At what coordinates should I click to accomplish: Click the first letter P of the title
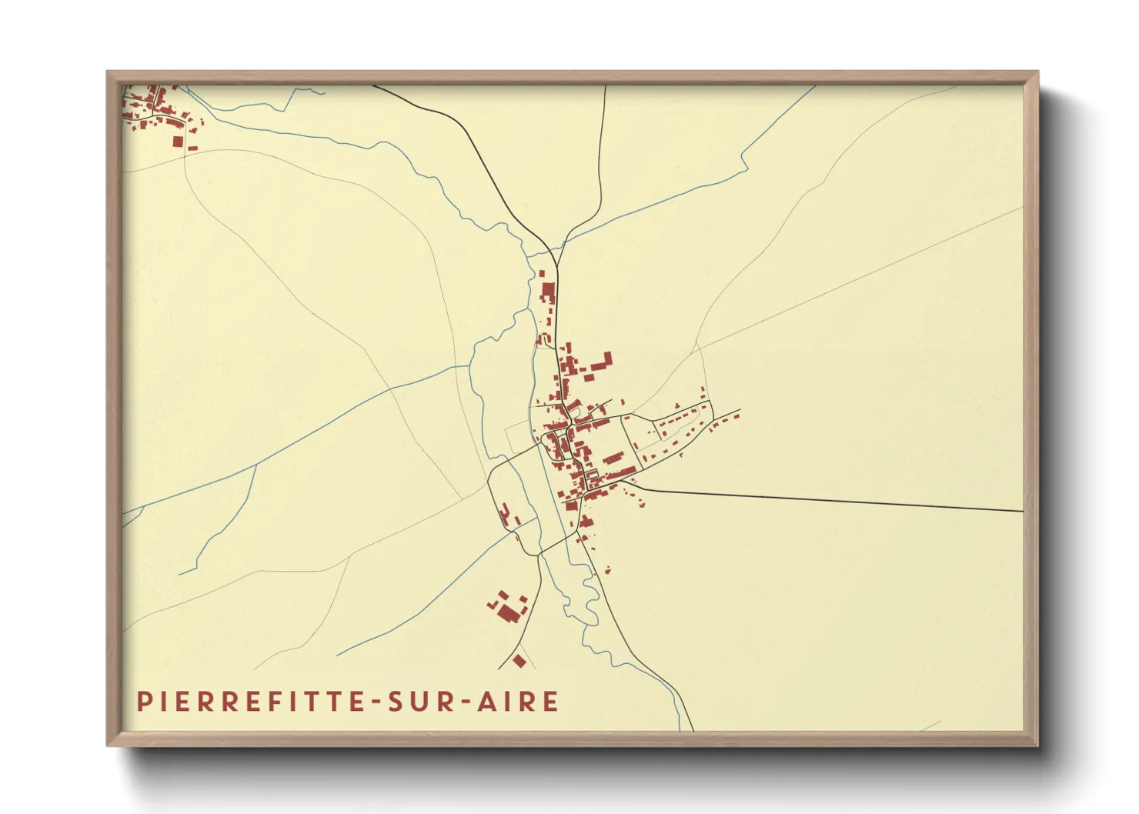[143, 702]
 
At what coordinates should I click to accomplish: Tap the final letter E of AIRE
[551, 702]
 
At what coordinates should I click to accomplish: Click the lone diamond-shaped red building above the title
[519, 661]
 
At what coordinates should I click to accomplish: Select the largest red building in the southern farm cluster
[508, 613]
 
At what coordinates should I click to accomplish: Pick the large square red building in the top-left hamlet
[178, 142]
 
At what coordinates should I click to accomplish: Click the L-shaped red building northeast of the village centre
[605, 362]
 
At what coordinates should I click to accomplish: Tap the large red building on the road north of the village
[548, 292]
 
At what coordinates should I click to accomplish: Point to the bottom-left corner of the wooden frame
[108, 744]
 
